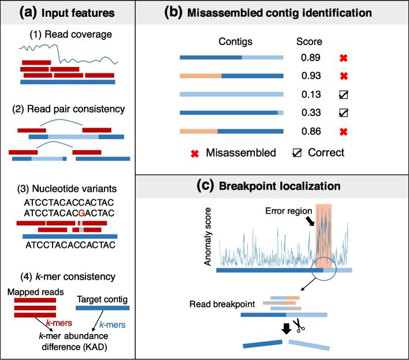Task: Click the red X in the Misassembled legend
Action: tap(194, 153)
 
